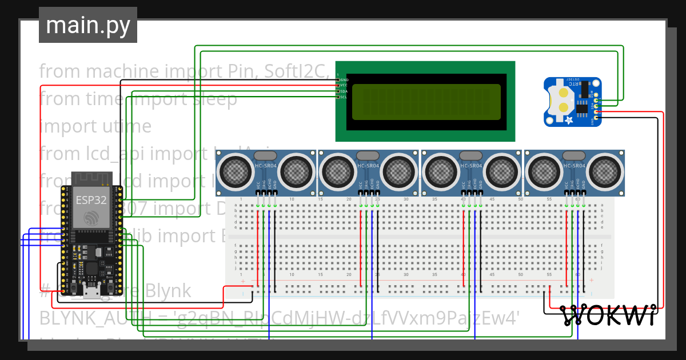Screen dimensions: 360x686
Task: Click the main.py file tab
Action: point(87,25)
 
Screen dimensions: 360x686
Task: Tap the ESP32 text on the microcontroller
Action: point(91,200)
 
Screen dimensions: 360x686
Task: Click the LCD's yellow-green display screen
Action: point(426,102)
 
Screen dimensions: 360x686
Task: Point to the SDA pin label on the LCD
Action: point(344,91)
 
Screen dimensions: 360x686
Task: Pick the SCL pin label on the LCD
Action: point(344,97)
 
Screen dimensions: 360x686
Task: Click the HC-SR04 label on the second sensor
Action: point(368,166)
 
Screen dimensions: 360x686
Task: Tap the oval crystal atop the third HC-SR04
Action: point(471,155)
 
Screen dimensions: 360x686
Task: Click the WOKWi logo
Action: point(608,315)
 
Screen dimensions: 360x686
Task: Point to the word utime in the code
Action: point(125,126)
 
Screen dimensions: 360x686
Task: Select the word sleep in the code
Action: point(215,99)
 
